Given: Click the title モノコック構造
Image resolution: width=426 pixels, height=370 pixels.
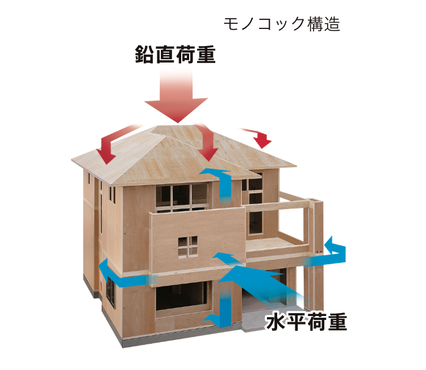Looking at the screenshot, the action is click(x=282, y=24).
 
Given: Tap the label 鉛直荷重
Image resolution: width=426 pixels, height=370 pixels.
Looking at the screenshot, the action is click(x=176, y=55).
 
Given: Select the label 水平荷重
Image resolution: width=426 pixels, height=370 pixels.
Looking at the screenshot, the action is click(x=307, y=322).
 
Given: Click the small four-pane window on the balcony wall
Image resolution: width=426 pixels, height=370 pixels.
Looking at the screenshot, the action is click(x=188, y=246).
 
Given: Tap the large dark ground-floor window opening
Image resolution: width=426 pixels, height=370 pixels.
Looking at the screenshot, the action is click(x=182, y=296).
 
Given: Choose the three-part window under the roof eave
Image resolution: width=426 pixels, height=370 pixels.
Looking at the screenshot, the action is click(x=182, y=197).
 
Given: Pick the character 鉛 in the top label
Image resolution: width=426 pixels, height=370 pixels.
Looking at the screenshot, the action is click(x=144, y=55).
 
